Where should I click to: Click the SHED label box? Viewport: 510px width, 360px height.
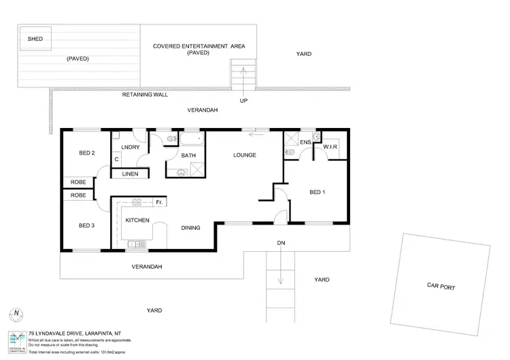click(35, 39)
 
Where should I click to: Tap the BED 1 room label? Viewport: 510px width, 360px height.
click(318, 193)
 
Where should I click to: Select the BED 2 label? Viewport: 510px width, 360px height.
click(85, 152)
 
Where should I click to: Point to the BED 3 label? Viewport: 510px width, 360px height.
click(85, 225)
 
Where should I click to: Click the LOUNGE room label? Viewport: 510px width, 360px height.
click(244, 155)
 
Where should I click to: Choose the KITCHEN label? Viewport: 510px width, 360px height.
click(137, 220)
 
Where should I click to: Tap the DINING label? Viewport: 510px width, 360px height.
click(190, 228)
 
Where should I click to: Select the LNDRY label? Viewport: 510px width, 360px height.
click(131, 148)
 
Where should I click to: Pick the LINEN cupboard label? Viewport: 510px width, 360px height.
click(130, 174)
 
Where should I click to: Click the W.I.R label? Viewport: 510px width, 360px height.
click(331, 147)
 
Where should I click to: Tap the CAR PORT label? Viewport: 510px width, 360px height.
click(441, 287)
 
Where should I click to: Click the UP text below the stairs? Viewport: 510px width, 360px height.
click(243, 101)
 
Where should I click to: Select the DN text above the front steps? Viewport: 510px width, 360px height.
click(280, 243)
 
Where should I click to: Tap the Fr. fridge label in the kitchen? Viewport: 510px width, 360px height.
click(158, 203)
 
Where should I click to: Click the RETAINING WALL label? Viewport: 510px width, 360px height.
click(145, 95)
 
